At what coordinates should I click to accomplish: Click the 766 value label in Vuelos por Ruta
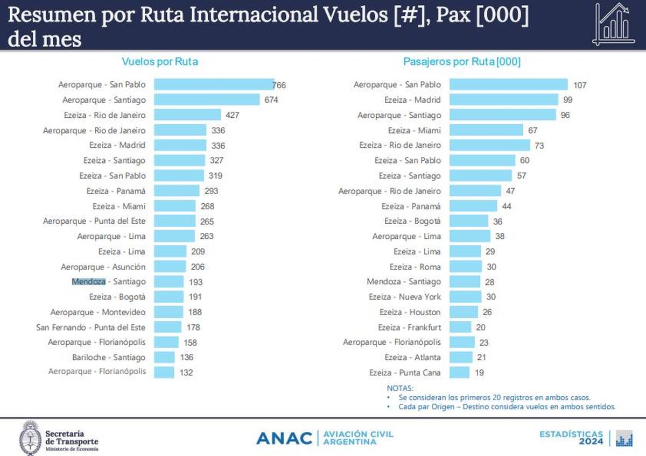[x=279, y=85]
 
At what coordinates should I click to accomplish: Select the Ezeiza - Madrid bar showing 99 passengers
[x=503, y=99]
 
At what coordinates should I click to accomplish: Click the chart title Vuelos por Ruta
[x=160, y=61]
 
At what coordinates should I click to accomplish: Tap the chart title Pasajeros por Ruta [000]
[x=462, y=61]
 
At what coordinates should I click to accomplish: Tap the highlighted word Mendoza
[x=89, y=281]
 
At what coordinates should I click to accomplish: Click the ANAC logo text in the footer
[x=284, y=438]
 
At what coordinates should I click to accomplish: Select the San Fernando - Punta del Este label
[x=91, y=327]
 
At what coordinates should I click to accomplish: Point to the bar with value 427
[x=187, y=115]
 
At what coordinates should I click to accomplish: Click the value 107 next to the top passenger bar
[x=580, y=85]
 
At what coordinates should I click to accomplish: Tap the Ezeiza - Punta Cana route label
[x=405, y=372]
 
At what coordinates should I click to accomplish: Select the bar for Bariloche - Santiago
[x=164, y=357]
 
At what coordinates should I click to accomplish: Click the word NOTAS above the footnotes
[x=400, y=388]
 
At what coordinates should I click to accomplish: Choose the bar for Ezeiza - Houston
[x=464, y=312]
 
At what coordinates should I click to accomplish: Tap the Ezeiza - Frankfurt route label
[x=409, y=327]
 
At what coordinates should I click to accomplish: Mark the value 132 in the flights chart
[x=186, y=372]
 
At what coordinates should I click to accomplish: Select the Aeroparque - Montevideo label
[x=98, y=312]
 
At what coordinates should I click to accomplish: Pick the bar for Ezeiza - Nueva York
[x=465, y=296]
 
